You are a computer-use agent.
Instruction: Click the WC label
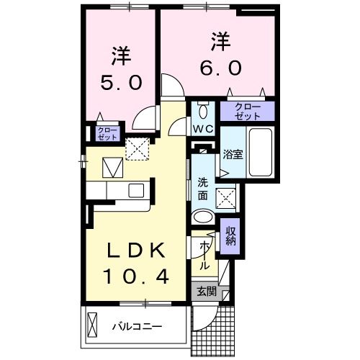click(201, 130)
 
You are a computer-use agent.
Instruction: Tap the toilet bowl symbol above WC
click(202, 110)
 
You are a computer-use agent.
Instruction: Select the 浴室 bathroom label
click(232, 153)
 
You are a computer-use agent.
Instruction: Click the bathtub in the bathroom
click(258, 153)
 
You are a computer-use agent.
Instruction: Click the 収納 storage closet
click(230, 235)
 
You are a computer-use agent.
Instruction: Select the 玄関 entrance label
click(206, 292)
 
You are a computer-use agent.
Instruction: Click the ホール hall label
click(204, 255)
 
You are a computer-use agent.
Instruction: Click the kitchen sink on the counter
click(135, 190)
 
